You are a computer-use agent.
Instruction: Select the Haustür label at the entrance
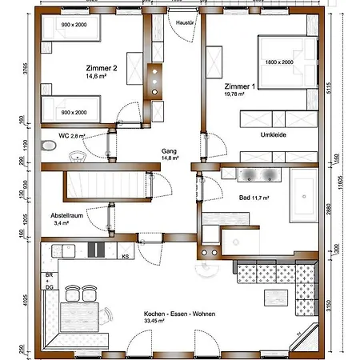pyautogui.click(x=186, y=22)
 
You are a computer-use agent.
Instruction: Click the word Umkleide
pyautogui.click(x=274, y=134)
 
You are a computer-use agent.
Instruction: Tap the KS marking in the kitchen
pyautogui.click(x=126, y=257)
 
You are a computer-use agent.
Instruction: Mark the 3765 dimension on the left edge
pyautogui.click(x=26, y=68)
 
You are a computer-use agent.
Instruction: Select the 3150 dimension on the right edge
pyautogui.click(x=329, y=306)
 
